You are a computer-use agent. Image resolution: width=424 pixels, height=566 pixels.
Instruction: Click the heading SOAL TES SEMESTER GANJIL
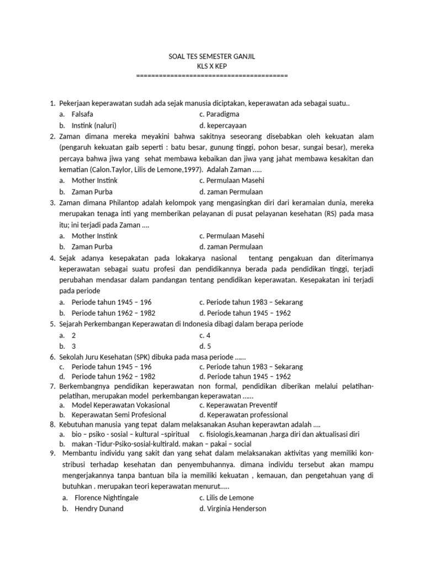click(212, 57)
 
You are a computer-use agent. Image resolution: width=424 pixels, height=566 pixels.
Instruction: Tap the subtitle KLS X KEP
click(212, 66)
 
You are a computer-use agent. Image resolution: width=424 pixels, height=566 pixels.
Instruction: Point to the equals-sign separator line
click(212, 76)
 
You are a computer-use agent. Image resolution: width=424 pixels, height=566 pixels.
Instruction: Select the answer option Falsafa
click(82, 114)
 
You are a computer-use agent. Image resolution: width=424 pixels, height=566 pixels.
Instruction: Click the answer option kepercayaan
click(226, 125)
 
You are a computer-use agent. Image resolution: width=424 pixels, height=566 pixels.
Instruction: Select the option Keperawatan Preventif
click(239, 405)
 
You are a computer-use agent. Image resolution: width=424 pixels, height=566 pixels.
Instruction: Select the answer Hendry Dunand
click(99, 509)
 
